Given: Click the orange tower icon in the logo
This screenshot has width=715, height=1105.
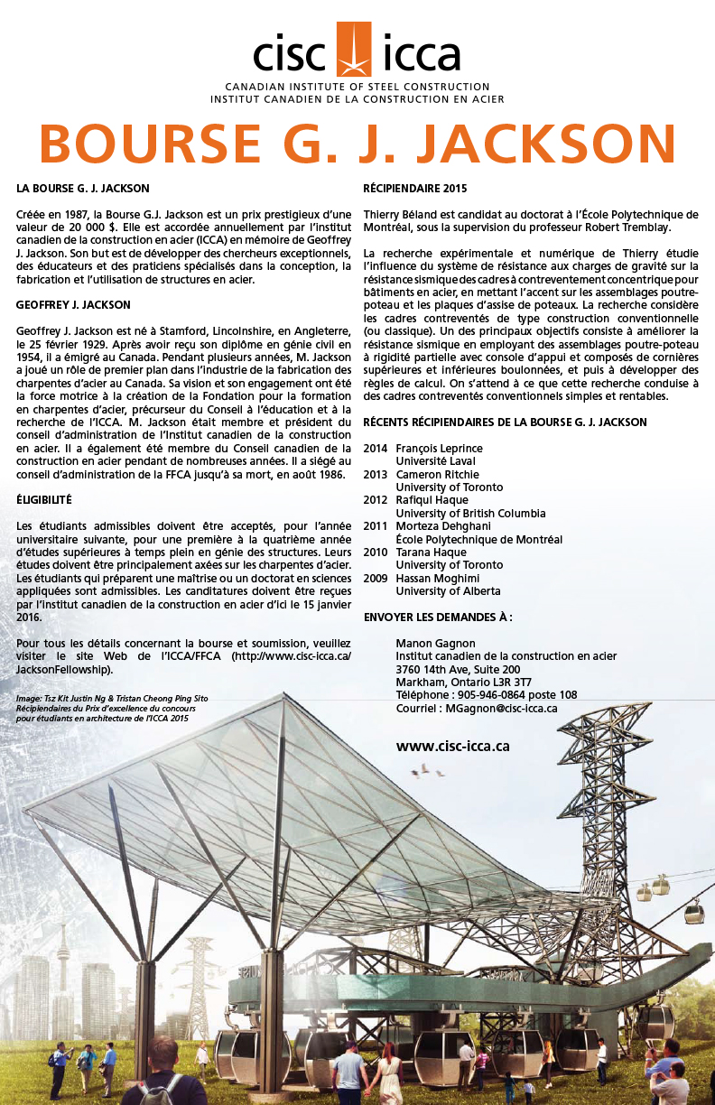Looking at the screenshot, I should pos(353,51).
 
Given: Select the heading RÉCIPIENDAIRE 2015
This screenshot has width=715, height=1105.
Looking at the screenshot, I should pos(414,189).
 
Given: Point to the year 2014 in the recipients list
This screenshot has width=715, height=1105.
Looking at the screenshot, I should pos(376,449).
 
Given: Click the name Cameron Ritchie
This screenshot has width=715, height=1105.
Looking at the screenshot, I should pos(438,475).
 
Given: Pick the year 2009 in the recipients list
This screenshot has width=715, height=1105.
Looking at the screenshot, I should pos(376,578).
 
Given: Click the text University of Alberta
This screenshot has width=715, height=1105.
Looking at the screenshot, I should pos(448,591).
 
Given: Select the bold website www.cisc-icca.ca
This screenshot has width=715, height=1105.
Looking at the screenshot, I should pos(453,746).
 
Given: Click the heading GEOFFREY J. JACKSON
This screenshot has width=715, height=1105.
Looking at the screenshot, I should pos(73,305).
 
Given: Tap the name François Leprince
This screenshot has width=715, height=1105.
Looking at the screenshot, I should pos(439,449).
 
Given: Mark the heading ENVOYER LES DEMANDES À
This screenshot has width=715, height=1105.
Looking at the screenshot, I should pos(438,617).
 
